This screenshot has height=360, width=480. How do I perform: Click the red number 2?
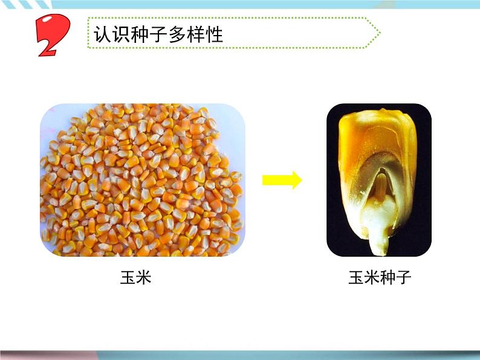tap(53, 36)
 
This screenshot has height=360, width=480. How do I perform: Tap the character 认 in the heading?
tap(102, 34)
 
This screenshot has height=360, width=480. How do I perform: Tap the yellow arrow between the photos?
tap(282, 180)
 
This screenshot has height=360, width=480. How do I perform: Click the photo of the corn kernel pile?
tap(143, 180)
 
